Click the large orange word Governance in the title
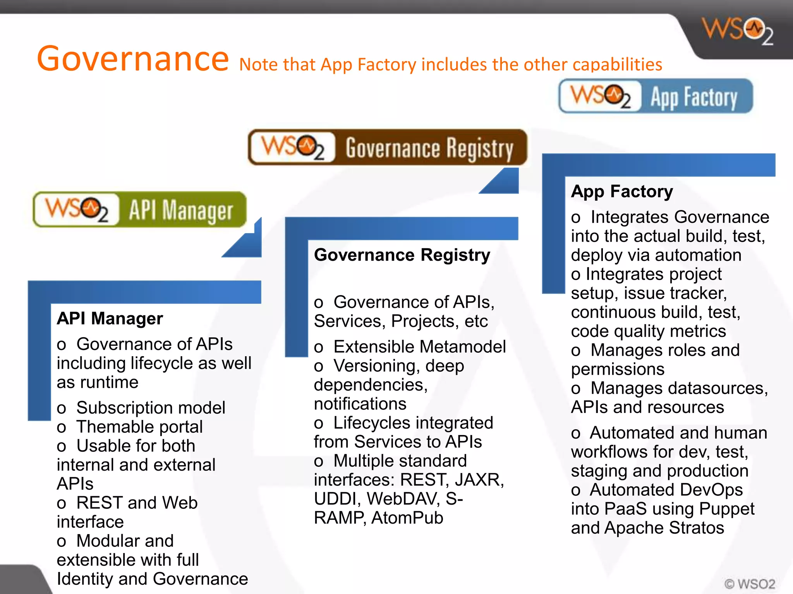click(x=133, y=59)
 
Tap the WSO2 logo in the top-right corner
click(x=737, y=31)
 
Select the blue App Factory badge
click(x=656, y=96)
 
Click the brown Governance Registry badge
click(x=387, y=148)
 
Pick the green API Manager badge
click(x=140, y=210)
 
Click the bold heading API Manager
click(x=110, y=319)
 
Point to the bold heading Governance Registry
click(x=402, y=255)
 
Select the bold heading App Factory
click(x=622, y=191)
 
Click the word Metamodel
click(x=458, y=347)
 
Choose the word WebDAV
click(x=403, y=499)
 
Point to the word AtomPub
click(x=407, y=518)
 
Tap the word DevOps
click(x=666, y=490)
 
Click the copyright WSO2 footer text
click(x=750, y=584)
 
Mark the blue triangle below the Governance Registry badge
click(x=503, y=183)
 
